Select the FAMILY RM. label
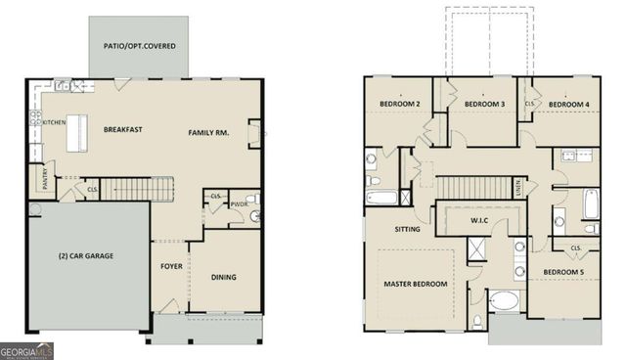(x=208, y=133)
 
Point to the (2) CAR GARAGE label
(x=84, y=255)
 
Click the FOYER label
(x=172, y=265)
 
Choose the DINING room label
(x=224, y=277)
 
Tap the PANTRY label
(x=44, y=179)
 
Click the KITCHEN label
(x=54, y=122)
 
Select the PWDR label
(x=238, y=204)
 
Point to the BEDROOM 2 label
(x=399, y=105)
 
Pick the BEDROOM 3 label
(x=483, y=105)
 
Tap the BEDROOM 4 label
(x=567, y=105)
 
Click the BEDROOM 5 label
(x=562, y=271)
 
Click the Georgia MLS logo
(x=27, y=349)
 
